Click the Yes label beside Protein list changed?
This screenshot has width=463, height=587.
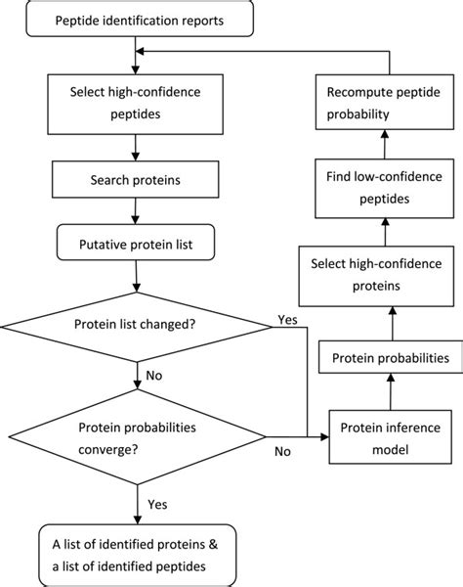[288, 319]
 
